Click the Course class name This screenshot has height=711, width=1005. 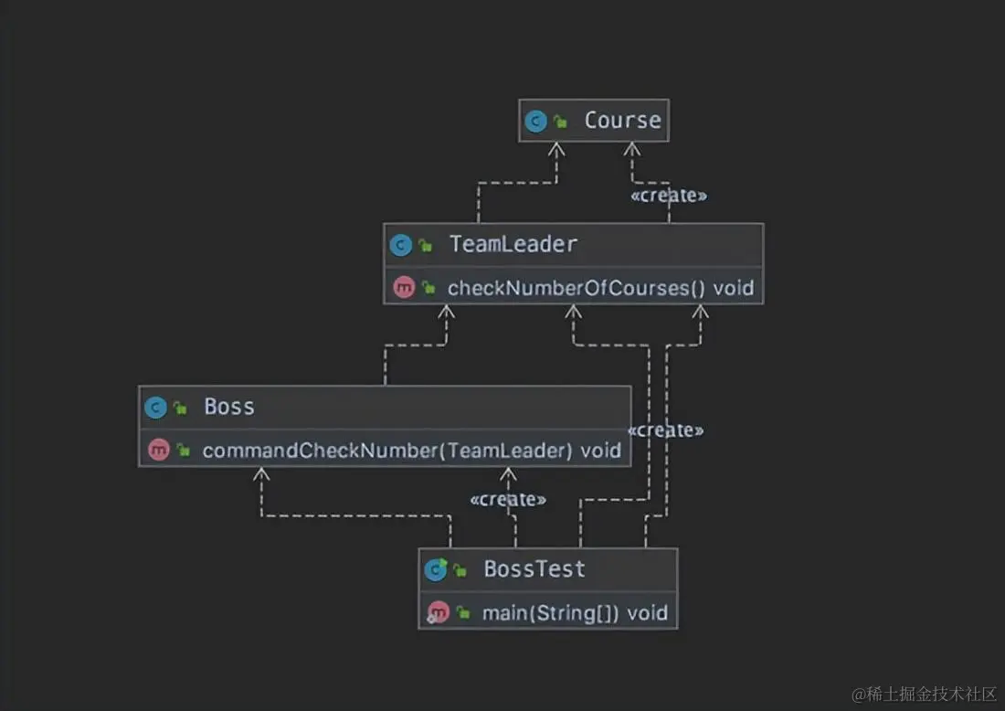click(622, 121)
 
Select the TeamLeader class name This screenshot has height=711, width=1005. click(513, 245)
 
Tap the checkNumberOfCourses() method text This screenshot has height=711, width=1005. click(577, 289)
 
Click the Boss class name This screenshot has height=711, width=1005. click(229, 407)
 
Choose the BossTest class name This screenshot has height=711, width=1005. click(534, 569)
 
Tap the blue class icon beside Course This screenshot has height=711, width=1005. click(536, 121)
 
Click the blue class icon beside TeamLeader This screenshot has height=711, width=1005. click(400, 245)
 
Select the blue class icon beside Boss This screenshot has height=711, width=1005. click(155, 408)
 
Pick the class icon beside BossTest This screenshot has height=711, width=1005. click(436, 570)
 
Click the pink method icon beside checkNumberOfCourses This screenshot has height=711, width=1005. click(403, 289)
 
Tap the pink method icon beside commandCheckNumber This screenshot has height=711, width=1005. click(158, 451)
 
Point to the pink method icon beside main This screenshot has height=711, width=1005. click(439, 613)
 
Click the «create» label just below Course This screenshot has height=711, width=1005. click(669, 196)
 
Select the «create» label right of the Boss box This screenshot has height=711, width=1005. click(666, 430)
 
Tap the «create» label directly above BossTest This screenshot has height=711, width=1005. click(508, 500)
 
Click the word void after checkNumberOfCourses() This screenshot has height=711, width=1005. click(734, 289)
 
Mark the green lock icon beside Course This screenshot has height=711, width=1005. click(561, 122)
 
